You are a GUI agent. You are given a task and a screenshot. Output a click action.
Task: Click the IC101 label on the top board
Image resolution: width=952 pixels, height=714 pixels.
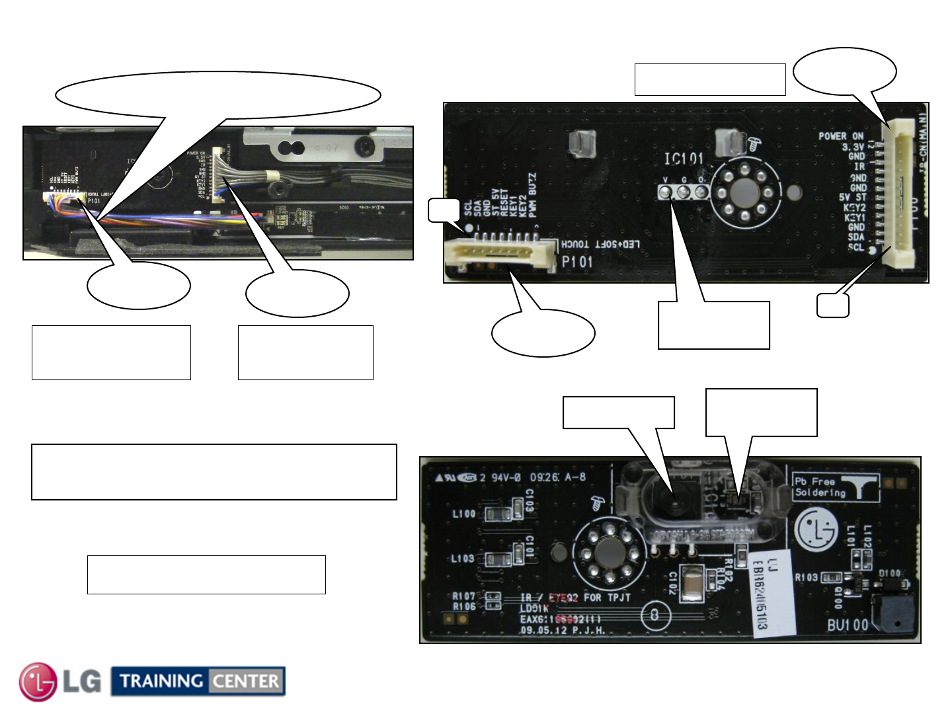pos(684,159)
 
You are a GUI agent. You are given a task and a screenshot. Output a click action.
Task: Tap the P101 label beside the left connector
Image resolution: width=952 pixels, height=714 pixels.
pos(577,262)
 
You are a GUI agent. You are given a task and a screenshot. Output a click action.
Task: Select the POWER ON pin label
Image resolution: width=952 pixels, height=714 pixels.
pos(841,136)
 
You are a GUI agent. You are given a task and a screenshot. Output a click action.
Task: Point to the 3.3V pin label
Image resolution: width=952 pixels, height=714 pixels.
pos(852,147)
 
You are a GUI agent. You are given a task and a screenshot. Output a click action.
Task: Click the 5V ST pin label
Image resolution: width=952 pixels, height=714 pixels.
pos(852,198)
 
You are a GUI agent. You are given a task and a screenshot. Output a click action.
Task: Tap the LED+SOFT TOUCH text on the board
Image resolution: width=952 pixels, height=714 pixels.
pos(600,245)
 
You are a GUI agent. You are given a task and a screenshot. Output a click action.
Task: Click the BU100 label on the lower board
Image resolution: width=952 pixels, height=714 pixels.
pos(848,625)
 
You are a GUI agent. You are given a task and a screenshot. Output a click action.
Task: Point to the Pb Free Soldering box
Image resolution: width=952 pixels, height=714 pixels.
pos(836,488)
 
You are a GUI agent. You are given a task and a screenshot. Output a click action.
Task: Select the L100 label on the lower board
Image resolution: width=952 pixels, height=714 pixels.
pos(463,514)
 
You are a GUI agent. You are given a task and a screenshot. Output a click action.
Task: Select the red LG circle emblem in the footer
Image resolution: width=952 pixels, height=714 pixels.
pos(38,682)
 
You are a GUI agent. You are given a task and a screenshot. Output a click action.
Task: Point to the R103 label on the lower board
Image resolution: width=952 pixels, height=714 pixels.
pos(806,577)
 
